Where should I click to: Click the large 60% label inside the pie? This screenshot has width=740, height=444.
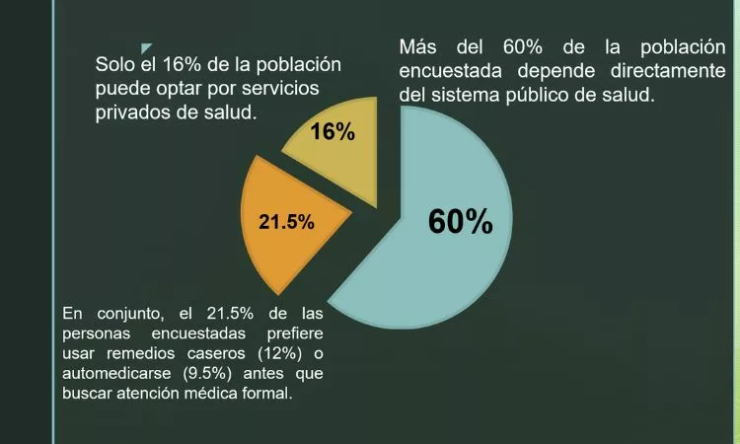(460, 222)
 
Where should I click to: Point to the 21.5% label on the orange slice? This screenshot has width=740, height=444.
(286, 222)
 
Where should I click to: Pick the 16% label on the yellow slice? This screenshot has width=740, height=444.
(333, 131)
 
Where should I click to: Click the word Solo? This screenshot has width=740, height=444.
(115, 65)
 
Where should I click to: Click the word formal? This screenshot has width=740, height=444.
(267, 394)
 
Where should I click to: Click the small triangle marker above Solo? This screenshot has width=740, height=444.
(146, 48)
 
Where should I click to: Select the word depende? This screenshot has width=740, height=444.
(552, 71)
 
